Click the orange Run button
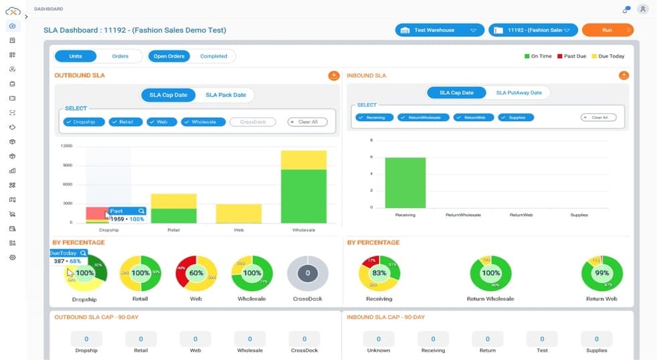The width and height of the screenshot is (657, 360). (x=607, y=30)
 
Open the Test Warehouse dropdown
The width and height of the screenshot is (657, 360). (x=439, y=30)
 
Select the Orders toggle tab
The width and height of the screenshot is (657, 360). (x=120, y=56)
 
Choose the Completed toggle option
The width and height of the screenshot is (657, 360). (x=213, y=56)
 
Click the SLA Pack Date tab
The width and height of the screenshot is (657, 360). (x=225, y=95)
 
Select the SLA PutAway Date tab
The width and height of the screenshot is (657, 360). (x=519, y=92)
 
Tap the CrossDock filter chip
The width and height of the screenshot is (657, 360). (x=252, y=122)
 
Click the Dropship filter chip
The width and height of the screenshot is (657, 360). (x=84, y=122)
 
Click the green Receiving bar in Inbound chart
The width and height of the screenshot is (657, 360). (x=405, y=182)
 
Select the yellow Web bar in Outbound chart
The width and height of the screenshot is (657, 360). (x=238, y=213)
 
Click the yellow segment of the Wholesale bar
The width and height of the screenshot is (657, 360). (x=303, y=160)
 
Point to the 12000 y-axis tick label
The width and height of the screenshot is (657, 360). (x=66, y=145)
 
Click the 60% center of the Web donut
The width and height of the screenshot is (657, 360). (x=196, y=273)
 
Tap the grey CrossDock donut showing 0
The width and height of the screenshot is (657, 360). (x=307, y=273)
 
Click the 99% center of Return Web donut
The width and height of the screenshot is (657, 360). (x=601, y=273)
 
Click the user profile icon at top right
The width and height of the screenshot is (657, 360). (x=642, y=9)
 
